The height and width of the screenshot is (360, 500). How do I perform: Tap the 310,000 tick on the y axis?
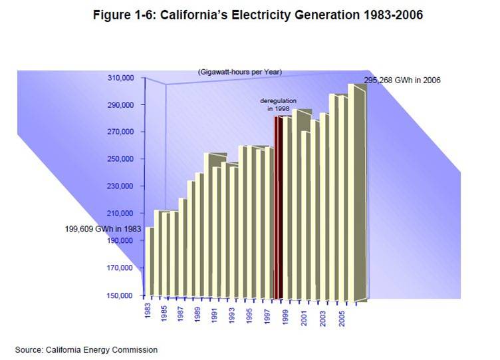[x=121, y=78]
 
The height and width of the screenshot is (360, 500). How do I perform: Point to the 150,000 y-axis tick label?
[x=121, y=295]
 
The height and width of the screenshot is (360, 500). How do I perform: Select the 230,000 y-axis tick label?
[x=121, y=186]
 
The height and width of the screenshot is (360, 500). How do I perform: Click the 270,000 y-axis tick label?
[x=121, y=132]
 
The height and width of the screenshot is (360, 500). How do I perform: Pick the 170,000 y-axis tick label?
[x=121, y=268]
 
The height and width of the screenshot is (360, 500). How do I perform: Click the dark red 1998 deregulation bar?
[x=280, y=206]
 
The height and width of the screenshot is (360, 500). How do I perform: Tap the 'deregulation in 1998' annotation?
[x=278, y=104]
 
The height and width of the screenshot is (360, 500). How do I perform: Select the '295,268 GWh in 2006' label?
[x=402, y=80]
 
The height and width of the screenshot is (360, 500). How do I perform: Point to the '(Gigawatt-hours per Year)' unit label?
[x=240, y=71]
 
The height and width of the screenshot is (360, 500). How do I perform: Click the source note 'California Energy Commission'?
[x=86, y=349]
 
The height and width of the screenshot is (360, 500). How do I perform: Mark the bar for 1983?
[x=150, y=263]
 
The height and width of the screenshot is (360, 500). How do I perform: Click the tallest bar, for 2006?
[x=357, y=193]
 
